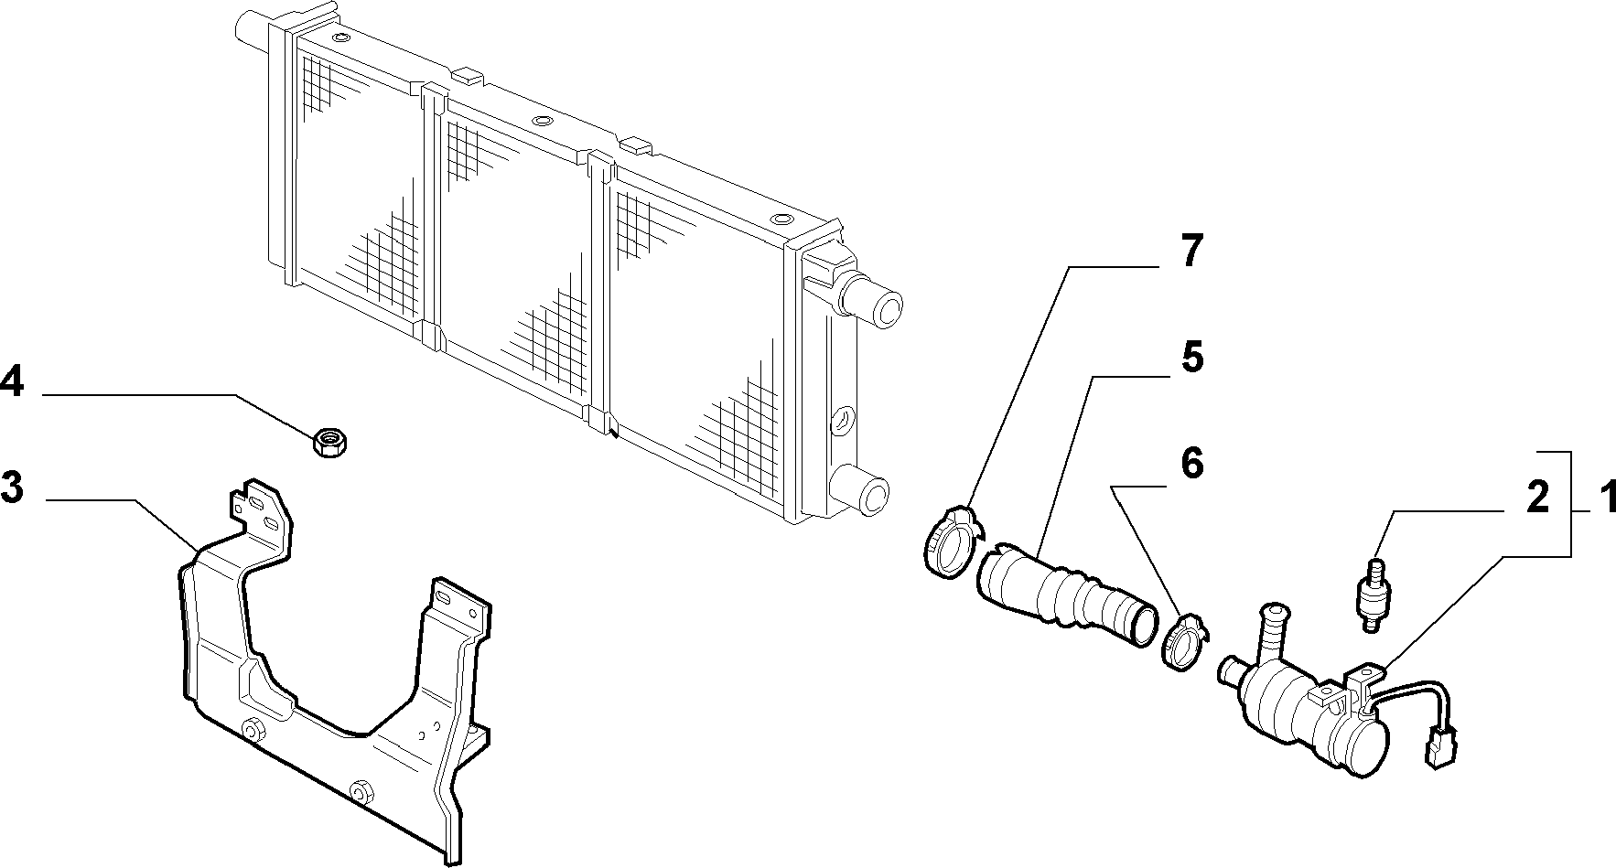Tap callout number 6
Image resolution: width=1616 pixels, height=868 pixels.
1191,464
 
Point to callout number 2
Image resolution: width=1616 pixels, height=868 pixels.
1537,497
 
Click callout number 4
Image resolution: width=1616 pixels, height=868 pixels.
12,380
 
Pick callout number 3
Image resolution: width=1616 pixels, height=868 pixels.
12,487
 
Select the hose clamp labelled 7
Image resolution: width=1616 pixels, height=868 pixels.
950,542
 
